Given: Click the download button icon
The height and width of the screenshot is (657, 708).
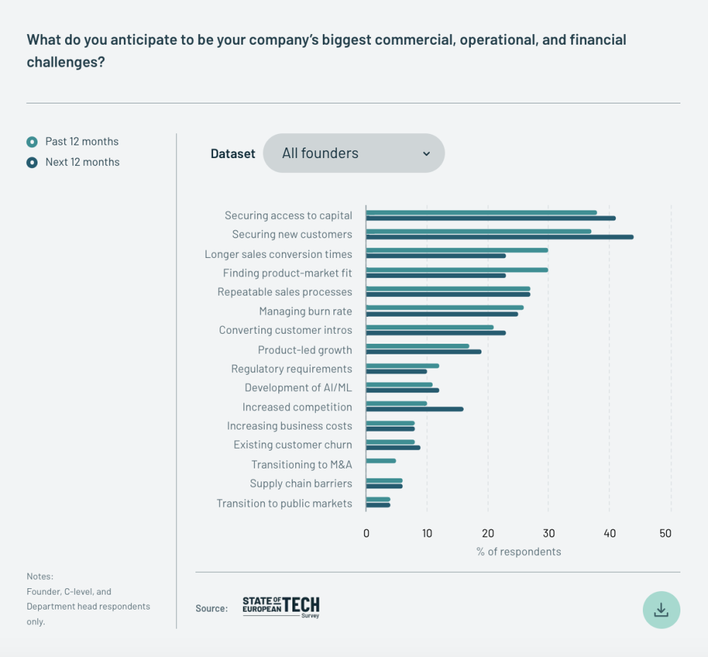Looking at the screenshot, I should (661, 610).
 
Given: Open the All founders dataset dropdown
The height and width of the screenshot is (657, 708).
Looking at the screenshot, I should (354, 153).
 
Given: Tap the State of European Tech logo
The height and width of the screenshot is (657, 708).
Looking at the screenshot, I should (281, 607).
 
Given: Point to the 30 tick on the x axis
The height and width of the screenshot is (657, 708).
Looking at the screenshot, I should (548, 534).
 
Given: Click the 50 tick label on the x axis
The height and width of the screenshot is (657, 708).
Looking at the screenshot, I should (665, 534).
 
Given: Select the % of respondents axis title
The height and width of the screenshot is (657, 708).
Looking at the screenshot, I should (518, 552).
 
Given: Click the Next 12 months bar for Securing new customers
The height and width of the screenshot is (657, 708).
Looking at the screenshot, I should (499, 237).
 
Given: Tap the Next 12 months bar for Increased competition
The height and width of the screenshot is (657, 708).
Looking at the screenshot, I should (415, 409).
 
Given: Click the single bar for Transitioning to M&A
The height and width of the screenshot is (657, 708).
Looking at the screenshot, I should (381, 461).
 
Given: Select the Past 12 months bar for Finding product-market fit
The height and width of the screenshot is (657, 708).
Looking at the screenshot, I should (457, 269).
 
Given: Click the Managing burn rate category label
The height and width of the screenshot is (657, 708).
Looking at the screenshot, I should (305, 311).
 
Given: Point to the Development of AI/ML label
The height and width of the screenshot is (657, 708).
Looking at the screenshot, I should (298, 388).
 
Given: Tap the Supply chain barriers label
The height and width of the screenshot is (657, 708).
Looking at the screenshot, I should (301, 483).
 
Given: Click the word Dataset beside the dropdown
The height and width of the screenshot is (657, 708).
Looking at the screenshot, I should (233, 154).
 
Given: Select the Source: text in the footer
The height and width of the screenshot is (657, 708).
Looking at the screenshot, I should (212, 608).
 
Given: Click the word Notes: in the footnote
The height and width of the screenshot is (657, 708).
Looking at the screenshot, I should (40, 576).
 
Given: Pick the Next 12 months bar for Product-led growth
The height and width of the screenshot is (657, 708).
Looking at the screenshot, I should (423, 352).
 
